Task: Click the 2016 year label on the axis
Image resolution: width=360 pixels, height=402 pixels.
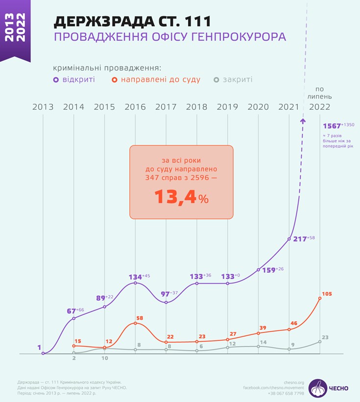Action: pos(135,107)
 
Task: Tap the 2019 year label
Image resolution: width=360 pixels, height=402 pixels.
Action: pos(227,107)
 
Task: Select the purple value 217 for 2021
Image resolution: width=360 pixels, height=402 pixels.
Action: pos(299,239)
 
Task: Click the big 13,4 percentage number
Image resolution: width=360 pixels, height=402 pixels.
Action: pos(175,197)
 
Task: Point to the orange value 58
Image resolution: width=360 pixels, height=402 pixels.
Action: pos(140,318)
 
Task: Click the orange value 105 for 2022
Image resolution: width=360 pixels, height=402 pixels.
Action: pos(327,294)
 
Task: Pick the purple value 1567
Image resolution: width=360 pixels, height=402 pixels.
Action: pos(332,126)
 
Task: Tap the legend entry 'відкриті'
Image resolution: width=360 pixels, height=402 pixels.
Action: pos(78,79)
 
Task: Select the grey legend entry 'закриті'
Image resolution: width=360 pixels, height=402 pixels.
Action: pos(237,79)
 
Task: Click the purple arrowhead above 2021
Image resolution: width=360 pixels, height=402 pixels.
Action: pos(303,120)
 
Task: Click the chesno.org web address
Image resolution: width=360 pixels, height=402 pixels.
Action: pos(294,382)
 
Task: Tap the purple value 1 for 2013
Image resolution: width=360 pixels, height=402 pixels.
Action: pos(39,348)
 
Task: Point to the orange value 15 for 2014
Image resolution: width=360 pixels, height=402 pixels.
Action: pos(77,341)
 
